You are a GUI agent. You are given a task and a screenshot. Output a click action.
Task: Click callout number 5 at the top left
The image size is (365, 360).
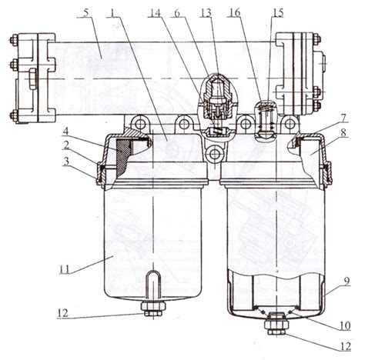86,13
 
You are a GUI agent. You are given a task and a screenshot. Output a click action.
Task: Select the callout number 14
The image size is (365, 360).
155,13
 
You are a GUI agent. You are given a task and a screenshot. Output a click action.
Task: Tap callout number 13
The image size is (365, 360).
206,13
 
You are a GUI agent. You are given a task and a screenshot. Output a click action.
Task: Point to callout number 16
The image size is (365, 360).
234,12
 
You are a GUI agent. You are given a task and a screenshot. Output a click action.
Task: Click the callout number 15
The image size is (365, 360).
277,12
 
